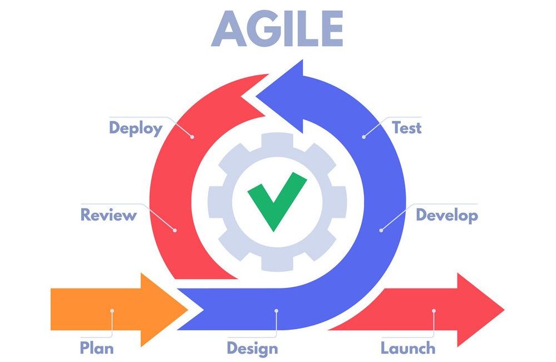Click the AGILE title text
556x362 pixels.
click(x=277, y=28)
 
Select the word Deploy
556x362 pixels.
click(x=136, y=129)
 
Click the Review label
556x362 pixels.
click(x=109, y=215)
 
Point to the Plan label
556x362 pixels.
click(x=97, y=348)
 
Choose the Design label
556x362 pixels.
click(x=253, y=349)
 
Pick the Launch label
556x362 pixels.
click(x=408, y=348)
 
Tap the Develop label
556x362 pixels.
click(x=447, y=216)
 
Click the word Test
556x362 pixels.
click(x=407, y=128)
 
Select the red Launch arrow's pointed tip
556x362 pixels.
click(x=504, y=310)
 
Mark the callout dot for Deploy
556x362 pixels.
click(x=192, y=136)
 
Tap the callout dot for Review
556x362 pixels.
click(x=175, y=231)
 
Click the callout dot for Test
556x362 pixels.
click(x=364, y=136)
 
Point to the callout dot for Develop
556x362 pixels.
click(x=381, y=231)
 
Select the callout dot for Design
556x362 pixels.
click(x=276, y=311)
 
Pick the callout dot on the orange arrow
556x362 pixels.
click(x=112, y=311)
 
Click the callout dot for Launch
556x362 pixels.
click(x=434, y=311)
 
